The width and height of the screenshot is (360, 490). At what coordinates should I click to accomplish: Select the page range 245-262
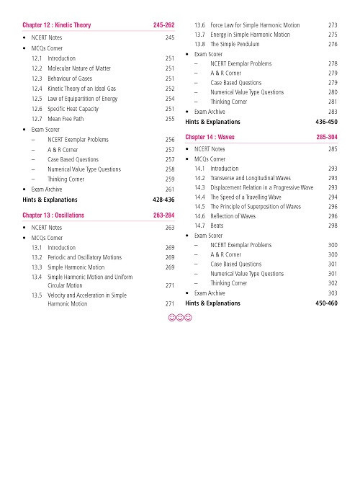[x=164, y=26]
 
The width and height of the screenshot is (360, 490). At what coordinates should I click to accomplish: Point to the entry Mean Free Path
[x=71, y=118]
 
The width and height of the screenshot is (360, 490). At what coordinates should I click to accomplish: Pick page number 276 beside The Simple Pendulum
[x=332, y=43]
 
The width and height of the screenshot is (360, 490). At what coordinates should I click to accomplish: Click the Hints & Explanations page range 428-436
[x=164, y=197]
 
